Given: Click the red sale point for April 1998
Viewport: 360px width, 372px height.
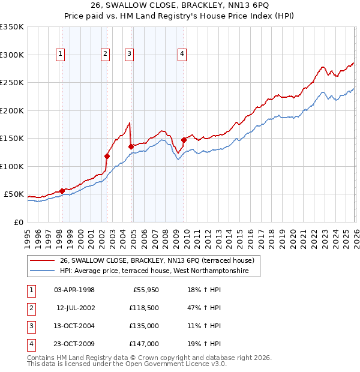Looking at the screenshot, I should pyautogui.click(x=62, y=191).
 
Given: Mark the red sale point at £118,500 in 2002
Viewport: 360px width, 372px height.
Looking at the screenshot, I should pyautogui.click(x=107, y=156).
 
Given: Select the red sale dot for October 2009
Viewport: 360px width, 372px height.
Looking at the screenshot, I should pyautogui.click(x=184, y=140).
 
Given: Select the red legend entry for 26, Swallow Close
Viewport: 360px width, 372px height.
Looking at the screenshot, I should pyautogui.click(x=157, y=260).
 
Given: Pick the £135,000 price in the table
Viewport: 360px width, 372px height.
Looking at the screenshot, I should pyautogui.click(x=145, y=327).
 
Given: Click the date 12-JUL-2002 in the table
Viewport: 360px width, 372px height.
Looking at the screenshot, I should pyautogui.click(x=74, y=308).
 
